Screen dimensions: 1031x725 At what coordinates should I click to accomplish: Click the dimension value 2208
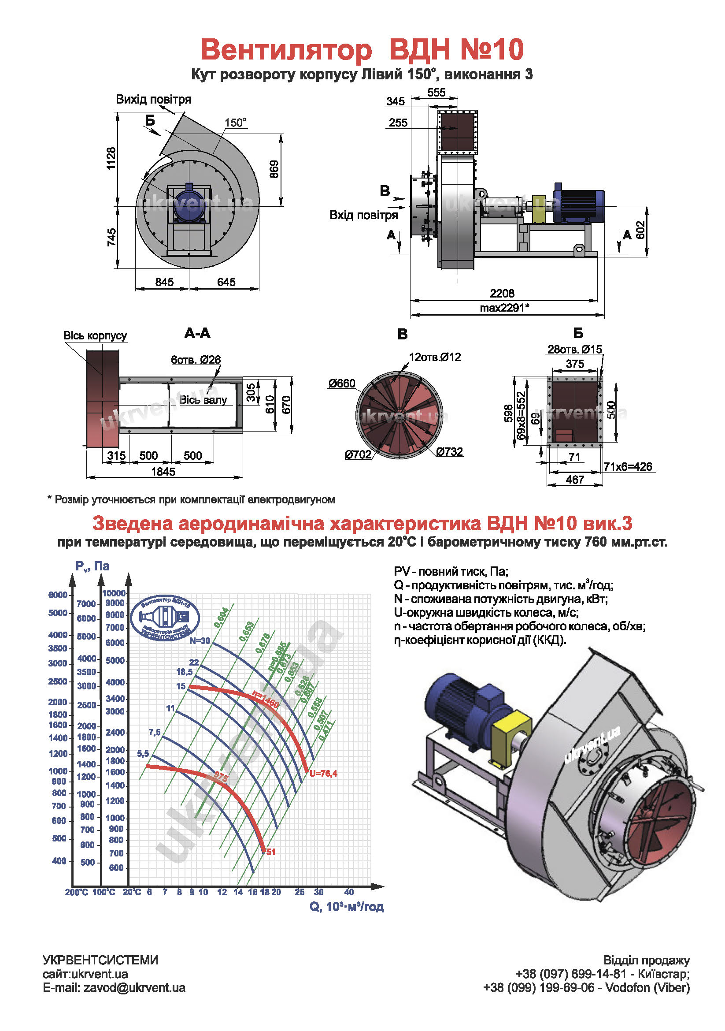pos(502,293)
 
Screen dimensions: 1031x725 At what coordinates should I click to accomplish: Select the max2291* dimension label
pos(504,308)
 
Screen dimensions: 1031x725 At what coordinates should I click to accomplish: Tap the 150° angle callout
pos(235,123)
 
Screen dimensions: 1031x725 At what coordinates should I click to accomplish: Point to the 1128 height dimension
pos(111,158)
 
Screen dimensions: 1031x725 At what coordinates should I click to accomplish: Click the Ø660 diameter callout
pos(341,383)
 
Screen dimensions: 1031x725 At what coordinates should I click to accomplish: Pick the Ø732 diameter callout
pos(449,451)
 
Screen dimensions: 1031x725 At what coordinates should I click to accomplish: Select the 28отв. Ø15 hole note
pos(574,350)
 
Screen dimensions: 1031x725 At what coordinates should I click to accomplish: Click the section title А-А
pos(197,333)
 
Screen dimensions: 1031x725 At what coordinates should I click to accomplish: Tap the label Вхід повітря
pos(363,215)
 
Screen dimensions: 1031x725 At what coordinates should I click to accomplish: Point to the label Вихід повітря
pos(153,99)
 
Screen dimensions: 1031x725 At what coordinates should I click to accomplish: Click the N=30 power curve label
pos(200,641)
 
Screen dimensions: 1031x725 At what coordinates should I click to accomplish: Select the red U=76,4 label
pos(323,773)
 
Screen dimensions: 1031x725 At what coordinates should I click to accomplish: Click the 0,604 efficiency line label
pos(221,617)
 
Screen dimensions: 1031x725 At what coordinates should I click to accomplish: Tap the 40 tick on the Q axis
pos(349,892)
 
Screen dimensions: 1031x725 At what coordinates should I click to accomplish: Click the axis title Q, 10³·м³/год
pos(346,907)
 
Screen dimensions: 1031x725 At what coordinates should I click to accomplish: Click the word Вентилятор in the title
pos(286,49)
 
